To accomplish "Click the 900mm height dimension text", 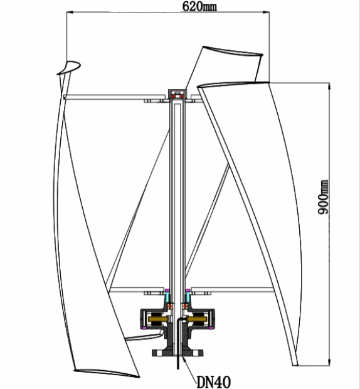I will (324, 198).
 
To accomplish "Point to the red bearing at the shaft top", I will (178, 96).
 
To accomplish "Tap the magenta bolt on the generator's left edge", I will (143, 324).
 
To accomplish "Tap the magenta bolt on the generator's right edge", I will (214, 324).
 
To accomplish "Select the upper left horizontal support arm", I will (107, 97).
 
